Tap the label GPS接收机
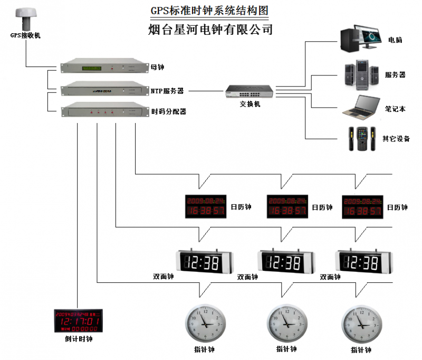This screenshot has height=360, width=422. pyautogui.click(x=25, y=36)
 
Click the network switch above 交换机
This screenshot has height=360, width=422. pyautogui.click(x=250, y=91)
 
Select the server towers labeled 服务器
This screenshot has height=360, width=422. pyautogui.click(x=361, y=74)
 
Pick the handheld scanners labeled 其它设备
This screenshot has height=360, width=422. pyautogui.click(x=361, y=139)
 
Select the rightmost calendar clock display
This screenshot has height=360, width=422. pyautogui.click(x=362, y=206)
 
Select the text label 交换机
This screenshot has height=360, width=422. pyautogui.click(x=250, y=104)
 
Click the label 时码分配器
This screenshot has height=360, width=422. pyautogui.click(x=169, y=112)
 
